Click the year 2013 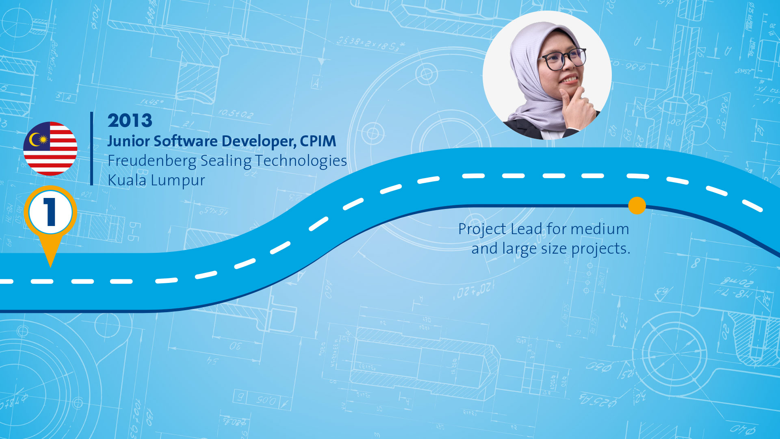click(130, 121)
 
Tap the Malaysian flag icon click(50, 149)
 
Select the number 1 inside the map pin click(50, 212)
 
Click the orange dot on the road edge click(637, 206)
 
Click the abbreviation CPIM click(318, 141)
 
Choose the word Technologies click(301, 161)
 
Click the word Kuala click(127, 180)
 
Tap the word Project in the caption click(482, 230)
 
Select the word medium click(600, 229)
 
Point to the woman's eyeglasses click(564, 59)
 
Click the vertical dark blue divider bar click(92, 149)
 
